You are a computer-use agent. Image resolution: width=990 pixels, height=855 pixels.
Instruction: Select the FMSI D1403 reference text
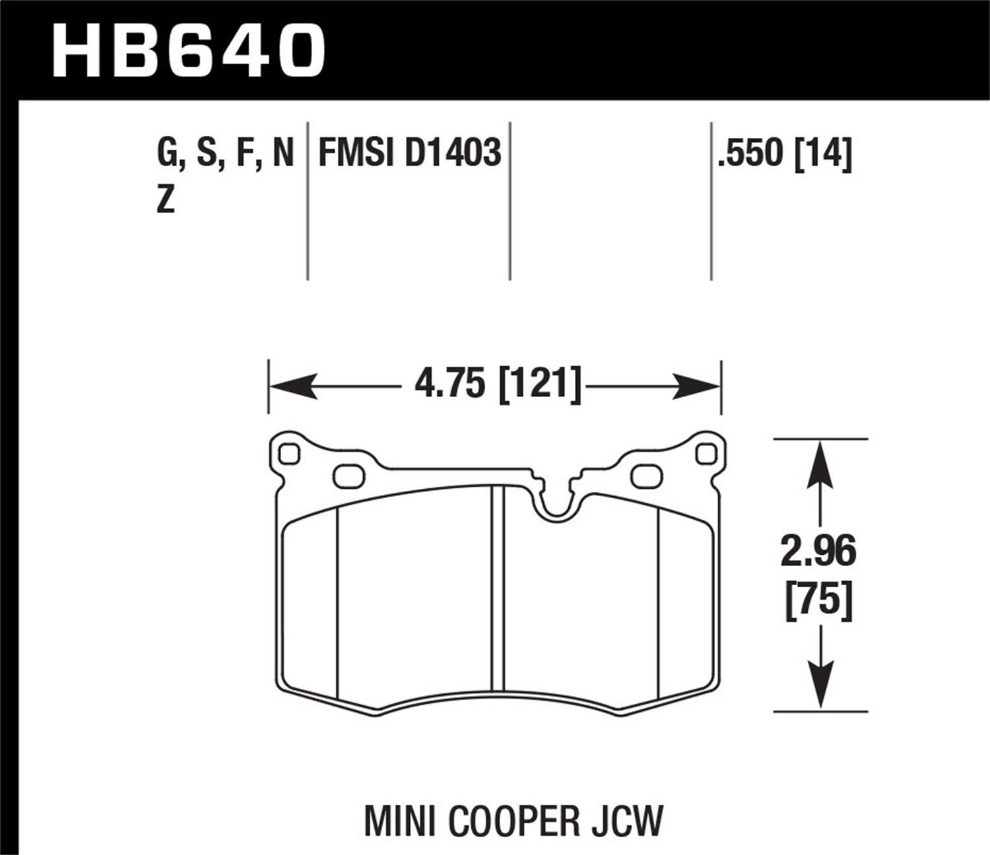pos(409,154)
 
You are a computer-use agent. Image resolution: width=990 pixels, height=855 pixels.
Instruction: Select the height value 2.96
pos(818,552)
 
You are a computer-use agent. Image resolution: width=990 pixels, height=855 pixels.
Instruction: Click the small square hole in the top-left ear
pos(289,454)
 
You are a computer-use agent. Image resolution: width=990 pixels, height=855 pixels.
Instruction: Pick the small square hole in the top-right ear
pos(706,454)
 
